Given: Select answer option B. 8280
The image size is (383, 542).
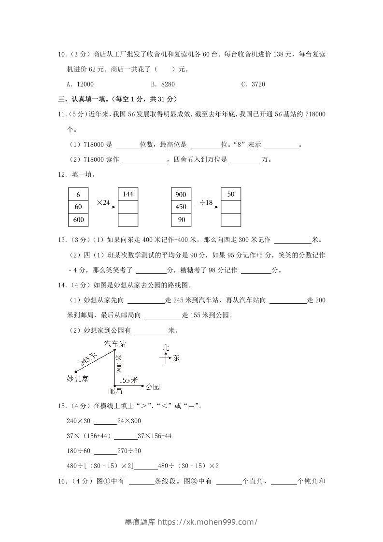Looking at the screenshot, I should (163, 84).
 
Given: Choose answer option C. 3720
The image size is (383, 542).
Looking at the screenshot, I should (253, 84).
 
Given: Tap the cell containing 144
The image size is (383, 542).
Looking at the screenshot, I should (128, 194).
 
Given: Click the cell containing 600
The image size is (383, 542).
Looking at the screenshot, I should (78, 220).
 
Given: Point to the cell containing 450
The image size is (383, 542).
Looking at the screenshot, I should (181, 207).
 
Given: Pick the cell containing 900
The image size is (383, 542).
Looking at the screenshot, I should (181, 195).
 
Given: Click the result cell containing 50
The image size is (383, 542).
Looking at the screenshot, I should (231, 194).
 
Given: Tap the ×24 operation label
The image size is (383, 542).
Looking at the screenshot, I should (103, 202).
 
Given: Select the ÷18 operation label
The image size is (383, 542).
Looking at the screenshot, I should (206, 202).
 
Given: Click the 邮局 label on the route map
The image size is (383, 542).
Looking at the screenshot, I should (115, 391).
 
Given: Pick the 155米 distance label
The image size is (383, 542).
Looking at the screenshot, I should (128, 380).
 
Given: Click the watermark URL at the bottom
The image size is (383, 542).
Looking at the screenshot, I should (191, 521).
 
